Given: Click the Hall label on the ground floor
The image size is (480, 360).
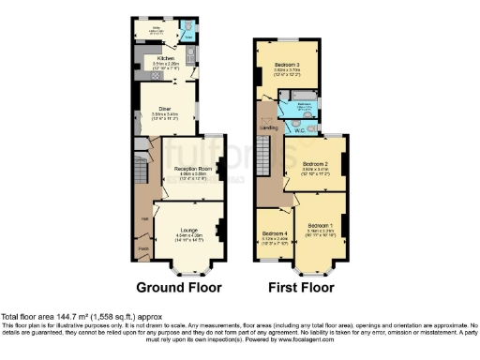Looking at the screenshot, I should coord(144,219).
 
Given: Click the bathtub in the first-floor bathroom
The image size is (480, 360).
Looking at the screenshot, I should coord(307,97).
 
